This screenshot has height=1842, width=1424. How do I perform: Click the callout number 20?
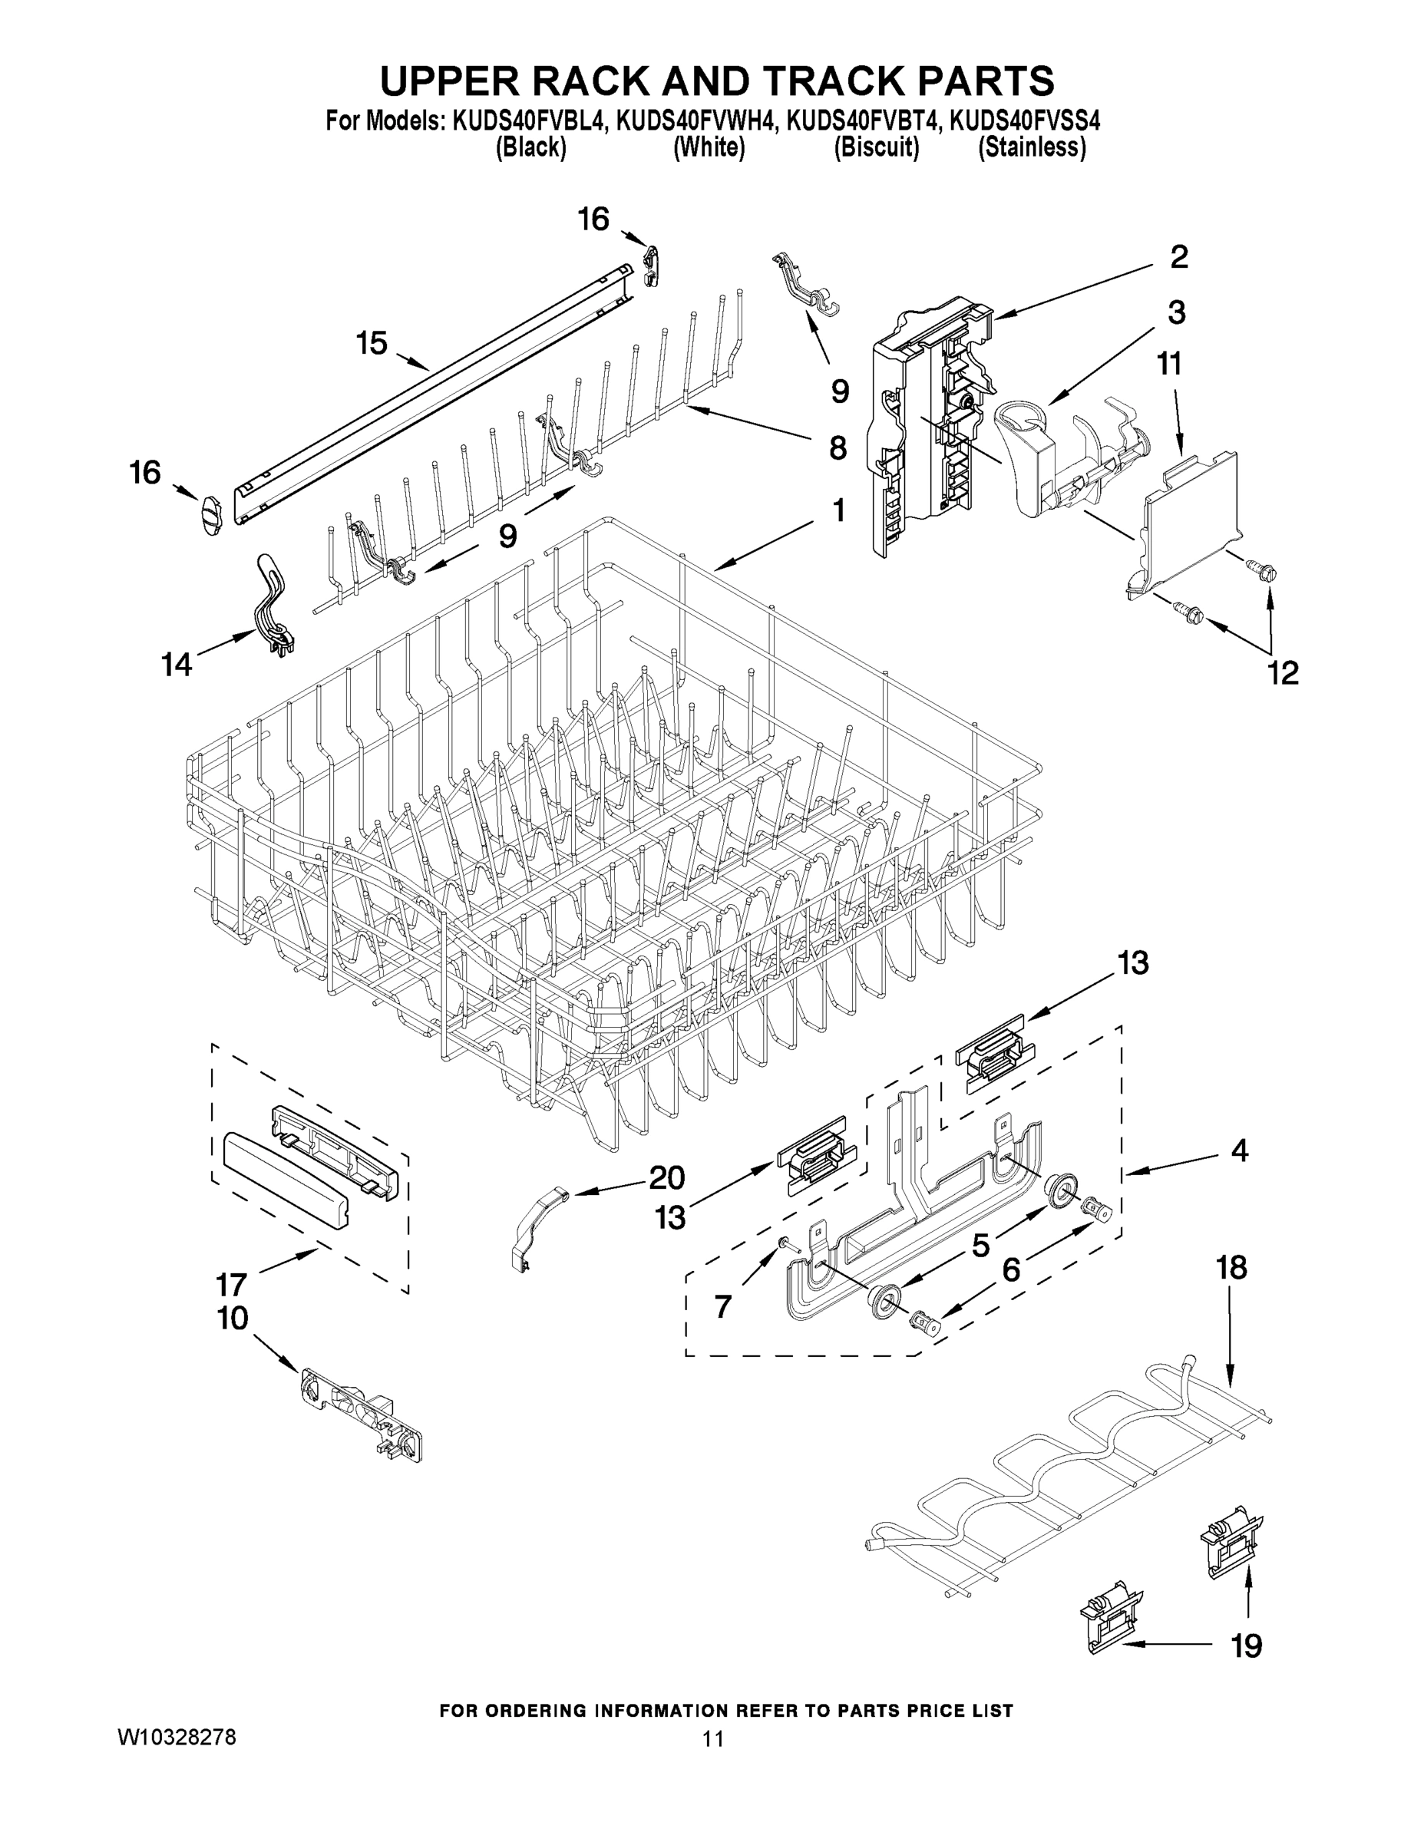tap(666, 1177)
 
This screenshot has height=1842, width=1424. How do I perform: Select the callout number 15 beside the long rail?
tap(372, 343)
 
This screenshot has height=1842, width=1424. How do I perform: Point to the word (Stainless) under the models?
tap(1031, 148)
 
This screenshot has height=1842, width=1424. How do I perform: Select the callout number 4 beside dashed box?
tap(1238, 1150)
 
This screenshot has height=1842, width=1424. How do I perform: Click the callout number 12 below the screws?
tap(1282, 672)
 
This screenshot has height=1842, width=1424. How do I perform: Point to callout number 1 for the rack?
tap(838, 510)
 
